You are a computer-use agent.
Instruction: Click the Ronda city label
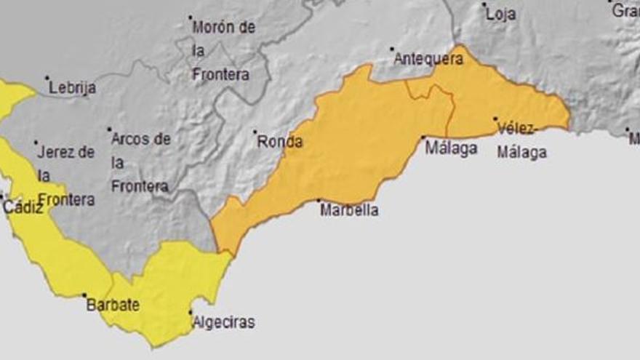click(x=280, y=142)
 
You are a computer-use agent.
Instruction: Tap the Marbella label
click(x=349, y=210)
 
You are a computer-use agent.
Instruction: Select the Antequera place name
click(x=428, y=59)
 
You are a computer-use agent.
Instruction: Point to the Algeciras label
click(x=223, y=322)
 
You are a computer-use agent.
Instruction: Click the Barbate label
click(x=113, y=305)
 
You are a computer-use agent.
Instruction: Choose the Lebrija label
click(x=73, y=88)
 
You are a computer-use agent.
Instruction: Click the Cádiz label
click(x=23, y=207)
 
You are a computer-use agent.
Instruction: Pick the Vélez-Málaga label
click(x=521, y=140)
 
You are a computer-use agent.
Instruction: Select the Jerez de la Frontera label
click(x=65, y=175)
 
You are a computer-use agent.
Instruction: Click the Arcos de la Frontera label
click(x=140, y=162)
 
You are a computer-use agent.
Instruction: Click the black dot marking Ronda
click(x=255, y=132)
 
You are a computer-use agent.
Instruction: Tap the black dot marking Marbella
click(x=319, y=201)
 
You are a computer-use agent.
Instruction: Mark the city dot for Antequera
click(x=392, y=49)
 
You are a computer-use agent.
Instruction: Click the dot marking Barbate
click(x=84, y=295)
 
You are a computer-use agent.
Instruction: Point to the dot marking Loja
click(x=484, y=4)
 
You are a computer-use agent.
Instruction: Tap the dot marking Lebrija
click(x=47, y=78)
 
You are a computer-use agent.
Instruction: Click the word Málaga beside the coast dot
click(x=451, y=148)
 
